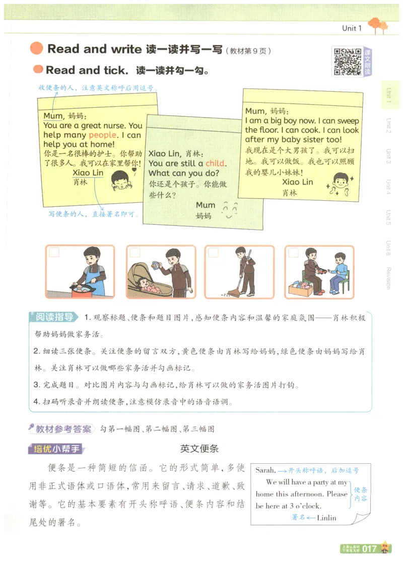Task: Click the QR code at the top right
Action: click(346, 61)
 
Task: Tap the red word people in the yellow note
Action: click(102, 135)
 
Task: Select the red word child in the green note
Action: click(215, 164)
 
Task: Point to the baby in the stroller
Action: click(149, 285)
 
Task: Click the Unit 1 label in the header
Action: click(352, 28)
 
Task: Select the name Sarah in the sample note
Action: click(265, 470)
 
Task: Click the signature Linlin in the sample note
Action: click(326, 517)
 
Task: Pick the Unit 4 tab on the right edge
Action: click(388, 187)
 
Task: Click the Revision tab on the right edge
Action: click(388, 277)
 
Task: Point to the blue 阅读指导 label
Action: click(54, 317)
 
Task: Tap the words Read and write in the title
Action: click(94, 49)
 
